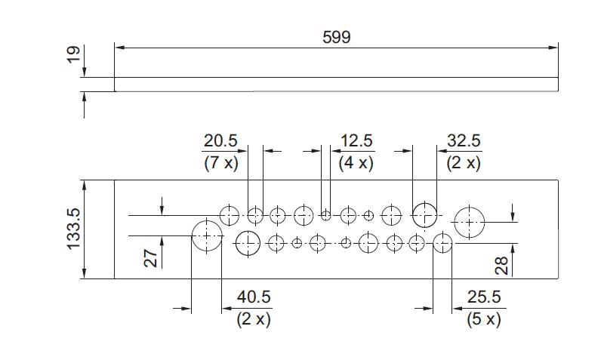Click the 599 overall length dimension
click(336, 37)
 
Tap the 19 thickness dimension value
click(73, 54)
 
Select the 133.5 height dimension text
click(73, 229)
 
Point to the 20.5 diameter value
click(220, 140)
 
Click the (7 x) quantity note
click(221, 164)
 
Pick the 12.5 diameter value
click(356, 140)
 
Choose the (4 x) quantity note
click(356, 164)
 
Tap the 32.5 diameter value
click(464, 140)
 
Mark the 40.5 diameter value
click(254, 297)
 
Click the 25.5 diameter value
click(484, 297)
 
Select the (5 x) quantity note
click(484, 319)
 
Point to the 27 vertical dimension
click(150, 258)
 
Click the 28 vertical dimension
click(501, 266)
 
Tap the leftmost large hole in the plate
click(207, 220)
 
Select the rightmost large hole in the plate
click(469, 207)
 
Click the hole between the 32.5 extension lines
click(424, 203)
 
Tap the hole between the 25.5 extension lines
click(442, 233)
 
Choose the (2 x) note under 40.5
click(254, 319)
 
